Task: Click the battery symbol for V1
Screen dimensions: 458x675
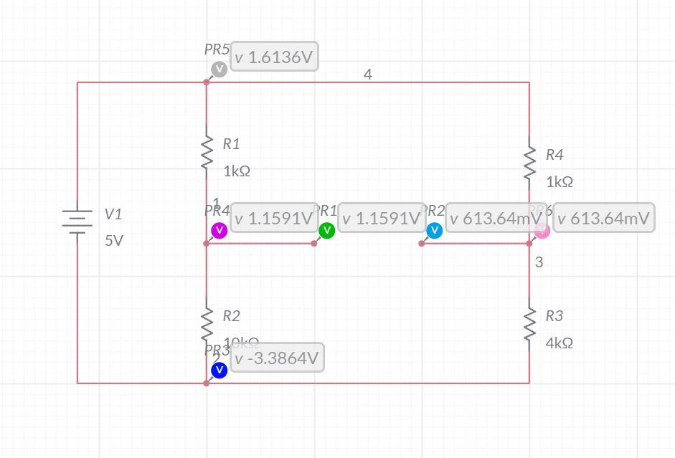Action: (x=77, y=221)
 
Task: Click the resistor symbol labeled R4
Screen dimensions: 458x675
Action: (x=529, y=163)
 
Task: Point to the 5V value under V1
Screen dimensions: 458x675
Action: (x=114, y=241)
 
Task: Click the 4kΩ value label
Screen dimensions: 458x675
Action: (x=559, y=343)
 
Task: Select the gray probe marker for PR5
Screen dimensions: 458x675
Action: (x=219, y=69)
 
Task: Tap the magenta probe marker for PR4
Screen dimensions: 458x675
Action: (x=219, y=230)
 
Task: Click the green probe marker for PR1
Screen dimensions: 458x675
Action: (x=326, y=230)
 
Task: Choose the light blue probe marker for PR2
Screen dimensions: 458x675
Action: (x=434, y=230)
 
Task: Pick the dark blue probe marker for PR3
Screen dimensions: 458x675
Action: (x=219, y=370)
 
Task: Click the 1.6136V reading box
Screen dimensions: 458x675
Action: (x=275, y=57)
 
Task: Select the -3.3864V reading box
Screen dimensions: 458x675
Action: (x=277, y=358)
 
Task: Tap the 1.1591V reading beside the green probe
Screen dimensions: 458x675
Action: (x=381, y=218)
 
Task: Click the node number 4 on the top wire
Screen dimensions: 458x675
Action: (x=368, y=75)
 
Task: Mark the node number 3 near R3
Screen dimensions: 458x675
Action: (x=539, y=262)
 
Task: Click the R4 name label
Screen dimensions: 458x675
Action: (x=554, y=154)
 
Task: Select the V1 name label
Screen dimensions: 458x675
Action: (x=113, y=214)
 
